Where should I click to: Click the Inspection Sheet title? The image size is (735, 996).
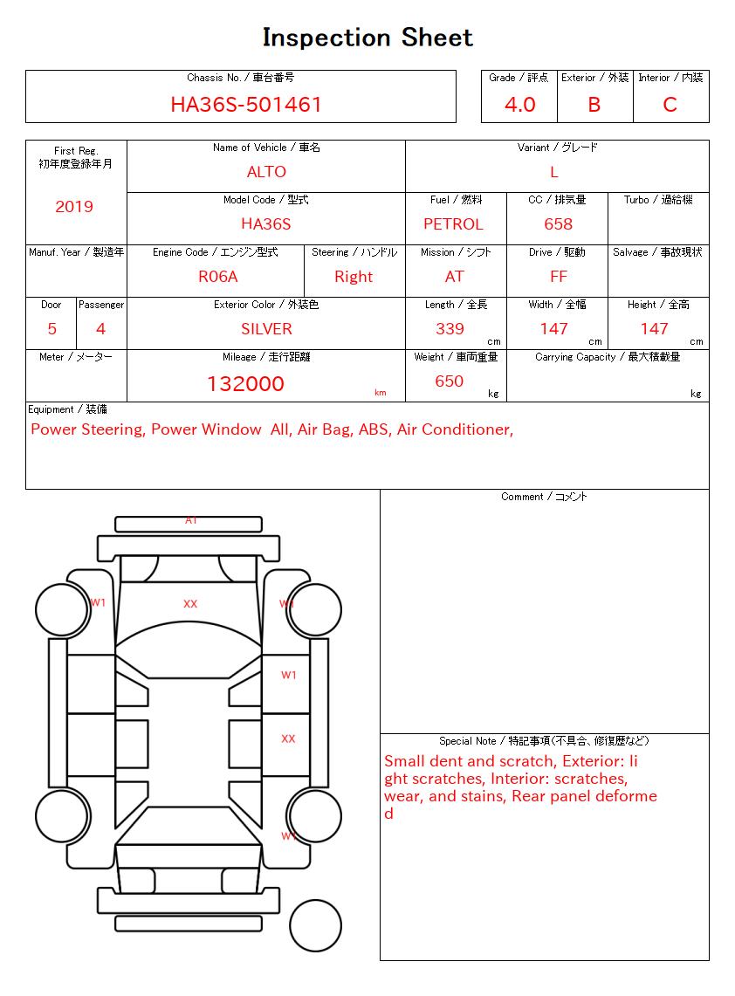tap(367, 38)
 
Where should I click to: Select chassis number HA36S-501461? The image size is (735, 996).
tap(246, 105)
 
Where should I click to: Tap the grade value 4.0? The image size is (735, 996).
tap(520, 105)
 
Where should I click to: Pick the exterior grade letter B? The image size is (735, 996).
tap(594, 105)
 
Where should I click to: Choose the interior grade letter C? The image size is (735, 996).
tap(670, 105)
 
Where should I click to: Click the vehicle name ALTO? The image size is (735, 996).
tap(266, 172)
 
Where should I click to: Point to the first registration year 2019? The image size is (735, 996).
tap(74, 207)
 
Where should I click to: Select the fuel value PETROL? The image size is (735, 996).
tap(453, 224)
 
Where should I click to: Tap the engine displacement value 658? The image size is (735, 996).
tap(558, 224)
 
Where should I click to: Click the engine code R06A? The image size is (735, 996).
tap(218, 277)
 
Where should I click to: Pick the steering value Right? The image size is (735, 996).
tap(354, 277)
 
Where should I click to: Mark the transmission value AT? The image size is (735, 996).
tap(454, 277)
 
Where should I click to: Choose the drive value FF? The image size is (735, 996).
tap(559, 277)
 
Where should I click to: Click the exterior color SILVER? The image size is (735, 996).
tap(266, 329)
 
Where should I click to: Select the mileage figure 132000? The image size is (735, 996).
tap(245, 384)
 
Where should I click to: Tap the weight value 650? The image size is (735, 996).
tap(449, 381)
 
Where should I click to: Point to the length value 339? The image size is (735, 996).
tap(450, 329)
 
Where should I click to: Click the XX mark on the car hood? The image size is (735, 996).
tap(190, 604)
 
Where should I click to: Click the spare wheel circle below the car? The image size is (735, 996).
tap(315, 924)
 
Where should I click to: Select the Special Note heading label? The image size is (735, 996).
tap(544, 741)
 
